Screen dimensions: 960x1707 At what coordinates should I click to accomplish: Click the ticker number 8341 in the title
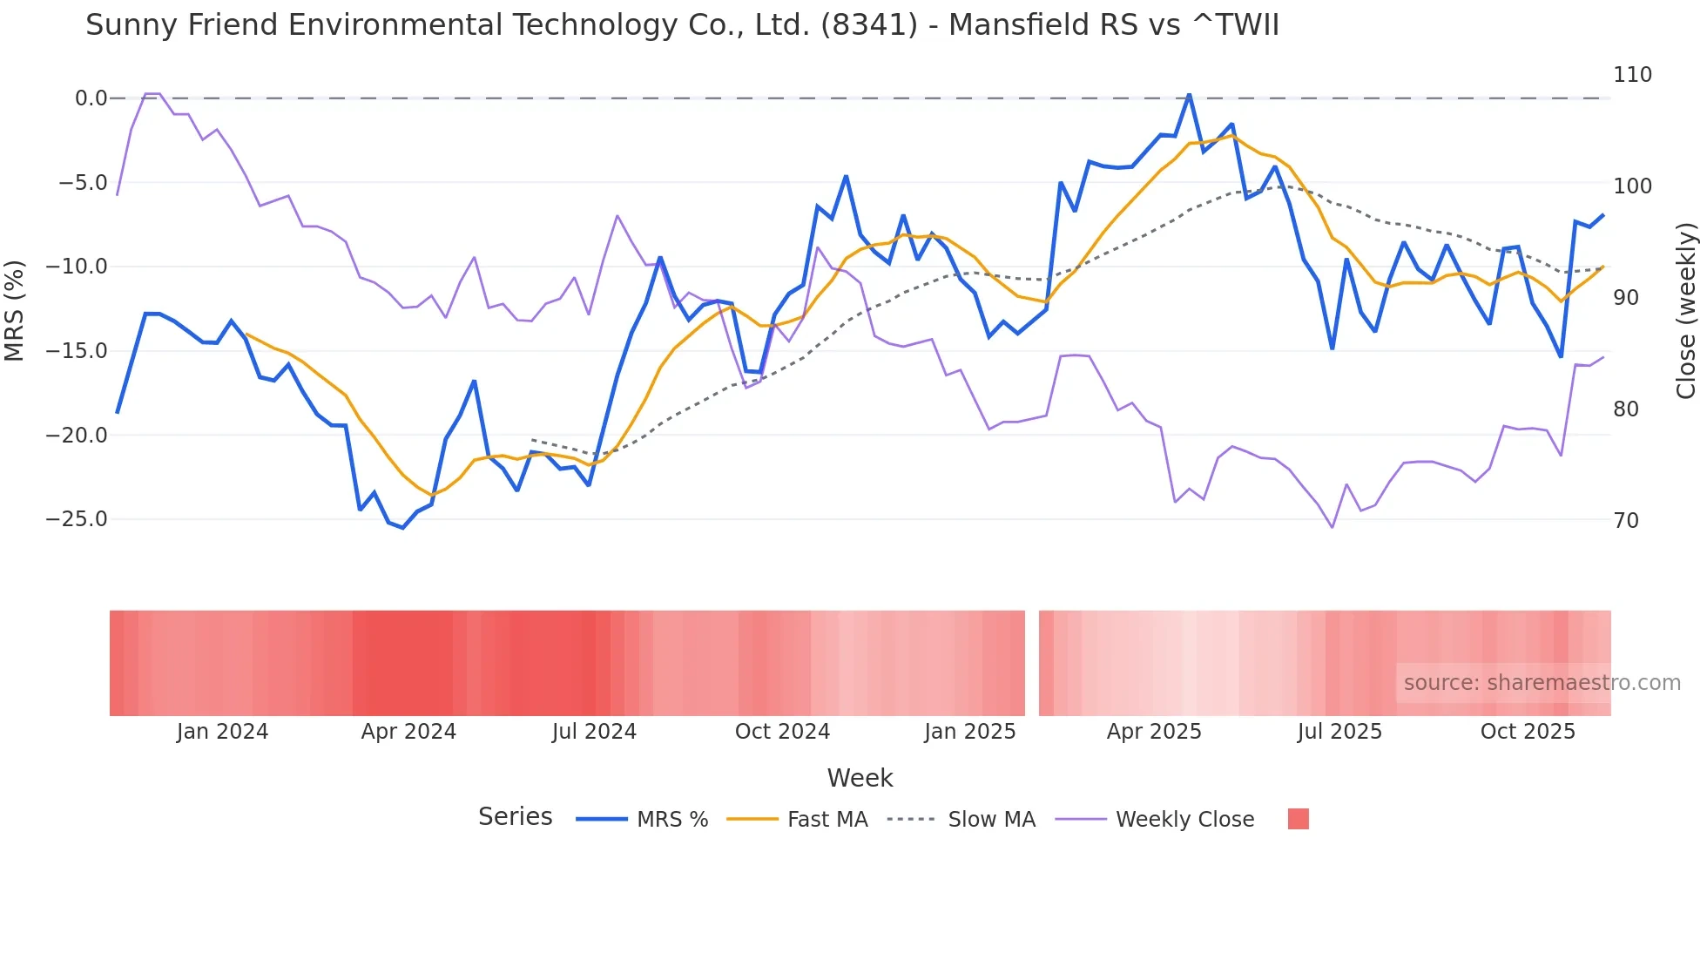coord(869,25)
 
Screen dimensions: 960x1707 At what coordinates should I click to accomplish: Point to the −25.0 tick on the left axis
coord(77,519)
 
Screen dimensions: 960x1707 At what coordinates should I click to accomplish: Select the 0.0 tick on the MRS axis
coord(91,98)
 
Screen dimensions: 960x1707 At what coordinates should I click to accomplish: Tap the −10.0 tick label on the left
coord(77,267)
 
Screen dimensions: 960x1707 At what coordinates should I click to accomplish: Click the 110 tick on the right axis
coord(1632,75)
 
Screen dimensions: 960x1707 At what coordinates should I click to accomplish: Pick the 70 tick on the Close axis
coord(1625,521)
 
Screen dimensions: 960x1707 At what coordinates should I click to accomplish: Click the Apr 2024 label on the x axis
coord(408,732)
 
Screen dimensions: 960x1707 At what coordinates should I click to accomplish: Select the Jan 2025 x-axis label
coord(969,732)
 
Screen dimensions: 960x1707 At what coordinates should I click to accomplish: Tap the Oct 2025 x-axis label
coord(1528,732)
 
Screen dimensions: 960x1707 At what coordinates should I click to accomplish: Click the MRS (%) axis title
coord(15,310)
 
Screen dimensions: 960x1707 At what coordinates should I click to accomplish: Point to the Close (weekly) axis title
coord(1686,310)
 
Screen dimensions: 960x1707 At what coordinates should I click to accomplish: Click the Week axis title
coord(860,778)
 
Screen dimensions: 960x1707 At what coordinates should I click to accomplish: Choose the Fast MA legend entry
coord(827,820)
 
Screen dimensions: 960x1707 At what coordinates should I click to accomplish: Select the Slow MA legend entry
coord(991,820)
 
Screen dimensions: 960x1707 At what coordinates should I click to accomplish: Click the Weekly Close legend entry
coord(1184,820)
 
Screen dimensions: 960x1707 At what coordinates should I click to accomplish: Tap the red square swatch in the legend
coord(1298,819)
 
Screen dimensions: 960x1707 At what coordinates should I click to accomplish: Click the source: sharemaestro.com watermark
coord(1542,683)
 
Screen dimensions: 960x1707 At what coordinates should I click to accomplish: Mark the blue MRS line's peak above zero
coord(1189,94)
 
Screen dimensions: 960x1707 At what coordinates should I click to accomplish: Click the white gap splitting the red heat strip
coord(1032,663)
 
